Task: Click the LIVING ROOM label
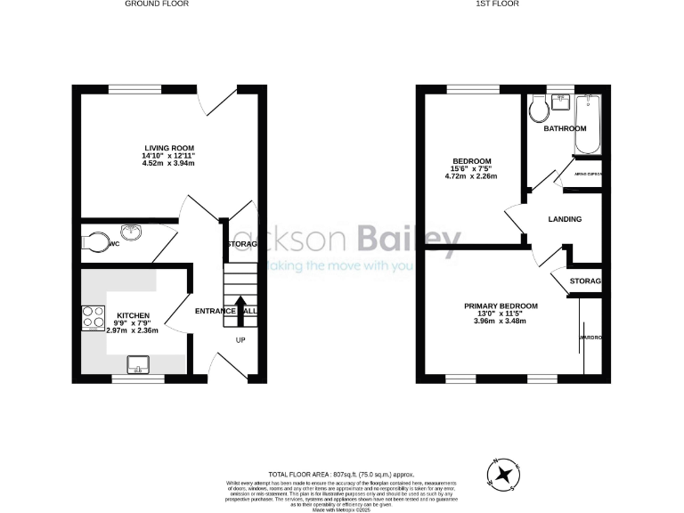[x=169, y=148]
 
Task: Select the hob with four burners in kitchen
[x=93, y=318]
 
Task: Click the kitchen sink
[x=138, y=362]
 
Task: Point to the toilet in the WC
[x=96, y=241]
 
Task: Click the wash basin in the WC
[x=132, y=234]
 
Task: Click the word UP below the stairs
[x=240, y=340]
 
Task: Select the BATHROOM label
[x=566, y=128]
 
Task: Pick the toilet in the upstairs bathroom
[x=537, y=110]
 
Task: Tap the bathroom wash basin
[x=561, y=102]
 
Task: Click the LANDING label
[x=565, y=219]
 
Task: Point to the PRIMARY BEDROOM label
[x=501, y=305]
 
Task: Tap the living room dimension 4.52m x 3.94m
[x=169, y=164]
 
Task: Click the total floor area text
[x=341, y=476]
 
